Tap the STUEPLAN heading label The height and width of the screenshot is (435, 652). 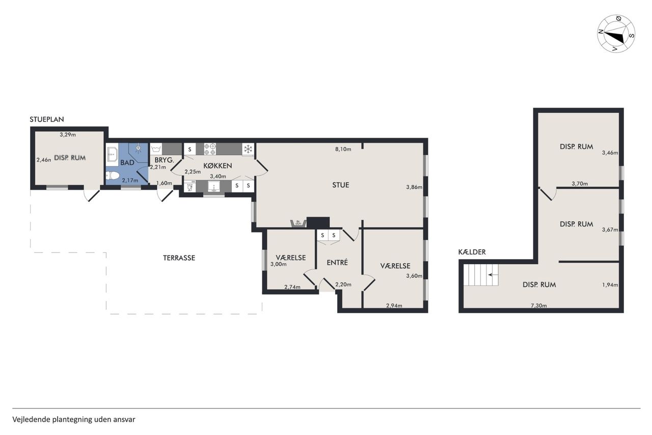pyautogui.click(x=47, y=119)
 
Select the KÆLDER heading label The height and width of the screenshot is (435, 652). pyautogui.click(x=472, y=252)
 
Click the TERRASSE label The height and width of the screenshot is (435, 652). pyautogui.click(x=179, y=258)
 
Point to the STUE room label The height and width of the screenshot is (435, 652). pyautogui.click(x=341, y=185)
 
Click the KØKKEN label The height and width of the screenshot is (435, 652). pyautogui.click(x=218, y=166)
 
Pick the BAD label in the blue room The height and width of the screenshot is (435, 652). pyautogui.click(x=127, y=163)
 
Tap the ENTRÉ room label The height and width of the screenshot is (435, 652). pyautogui.click(x=337, y=263)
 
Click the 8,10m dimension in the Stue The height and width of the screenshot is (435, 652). pyautogui.click(x=343, y=149)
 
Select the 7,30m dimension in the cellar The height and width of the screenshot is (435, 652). pyautogui.click(x=538, y=305)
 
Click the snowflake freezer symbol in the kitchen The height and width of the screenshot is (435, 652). pyautogui.click(x=248, y=149)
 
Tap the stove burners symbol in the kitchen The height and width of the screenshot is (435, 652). pyautogui.click(x=210, y=149)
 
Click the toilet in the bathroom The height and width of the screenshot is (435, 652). pyautogui.click(x=112, y=175)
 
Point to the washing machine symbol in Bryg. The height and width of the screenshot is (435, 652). pyautogui.click(x=156, y=149)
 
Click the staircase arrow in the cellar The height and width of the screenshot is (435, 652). pyautogui.click(x=492, y=275)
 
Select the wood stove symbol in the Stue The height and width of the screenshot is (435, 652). pyautogui.click(x=298, y=223)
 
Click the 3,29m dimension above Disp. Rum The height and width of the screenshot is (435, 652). pyautogui.click(x=68, y=135)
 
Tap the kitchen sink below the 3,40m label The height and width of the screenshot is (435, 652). pyautogui.click(x=213, y=187)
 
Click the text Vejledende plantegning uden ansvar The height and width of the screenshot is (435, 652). pyautogui.click(x=74, y=419)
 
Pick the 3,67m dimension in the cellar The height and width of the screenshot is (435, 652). pyautogui.click(x=610, y=229)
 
